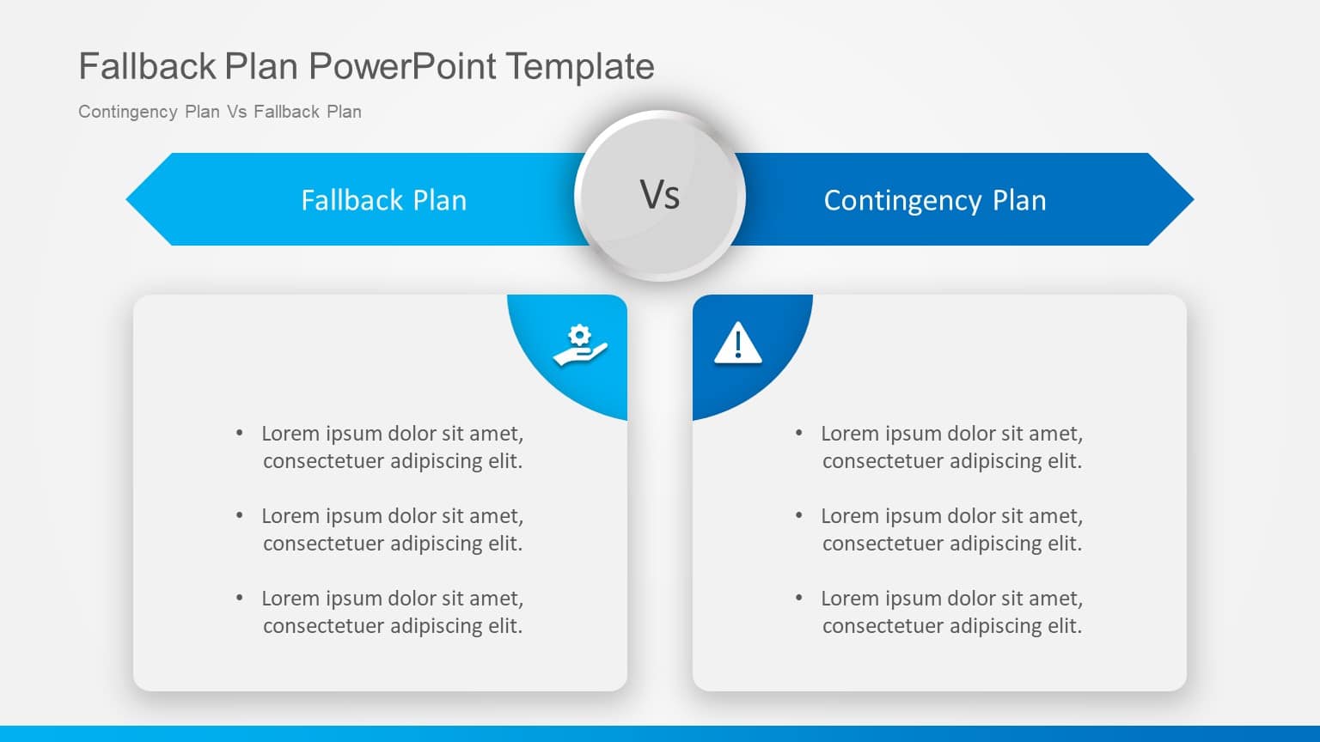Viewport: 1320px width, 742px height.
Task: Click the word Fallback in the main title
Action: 147,66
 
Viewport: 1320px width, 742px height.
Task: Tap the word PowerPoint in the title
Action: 402,66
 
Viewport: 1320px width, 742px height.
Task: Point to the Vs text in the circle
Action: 660,195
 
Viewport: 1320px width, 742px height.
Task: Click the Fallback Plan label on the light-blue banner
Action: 383,200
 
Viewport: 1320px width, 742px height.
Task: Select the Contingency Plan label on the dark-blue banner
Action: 935,200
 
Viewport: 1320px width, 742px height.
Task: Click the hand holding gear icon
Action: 580,346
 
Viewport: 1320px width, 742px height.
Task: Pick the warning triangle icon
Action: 737,344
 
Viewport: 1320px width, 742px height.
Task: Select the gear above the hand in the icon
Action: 581,334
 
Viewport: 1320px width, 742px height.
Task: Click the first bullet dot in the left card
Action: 240,433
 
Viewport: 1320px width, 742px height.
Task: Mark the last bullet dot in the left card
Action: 240,598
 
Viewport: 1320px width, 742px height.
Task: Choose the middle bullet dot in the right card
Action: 799,515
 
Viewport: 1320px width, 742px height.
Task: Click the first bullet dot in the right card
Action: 799,433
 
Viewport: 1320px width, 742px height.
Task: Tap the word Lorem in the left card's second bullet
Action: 290,516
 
